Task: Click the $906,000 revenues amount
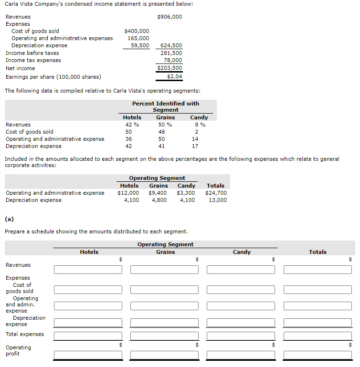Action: coord(169,17)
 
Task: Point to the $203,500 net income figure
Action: coord(169,68)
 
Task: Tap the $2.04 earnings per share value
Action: coord(174,76)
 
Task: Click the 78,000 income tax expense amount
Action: coord(172,60)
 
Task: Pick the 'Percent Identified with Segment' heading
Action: coord(166,106)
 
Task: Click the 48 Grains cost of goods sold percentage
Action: coord(161,132)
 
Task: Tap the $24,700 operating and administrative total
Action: coord(216,193)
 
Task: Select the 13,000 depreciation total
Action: coord(218,200)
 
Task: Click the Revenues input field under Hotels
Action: coord(88,270)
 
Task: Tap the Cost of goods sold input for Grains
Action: coord(164,290)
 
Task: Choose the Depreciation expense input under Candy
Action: coord(241,323)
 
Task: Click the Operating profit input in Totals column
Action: coord(318,355)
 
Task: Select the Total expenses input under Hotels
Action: coord(88,336)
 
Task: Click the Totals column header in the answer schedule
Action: coord(318,252)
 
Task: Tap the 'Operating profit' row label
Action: coord(18,350)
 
